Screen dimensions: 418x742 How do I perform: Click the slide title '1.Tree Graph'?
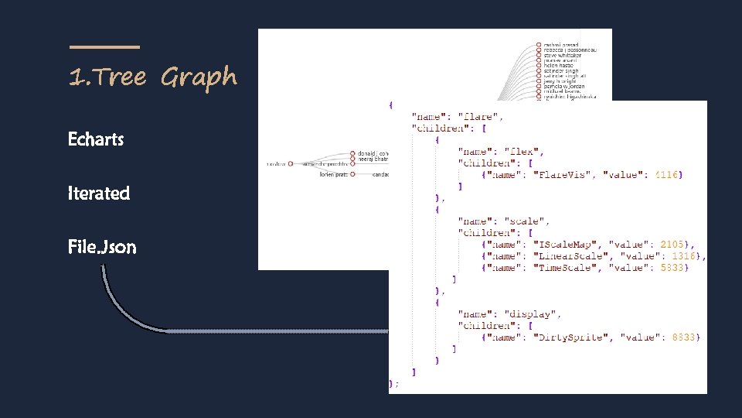click(x=152, y=77)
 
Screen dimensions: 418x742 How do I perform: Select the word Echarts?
click(x=96, y=140)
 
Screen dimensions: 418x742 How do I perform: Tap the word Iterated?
click(x=99, y=194)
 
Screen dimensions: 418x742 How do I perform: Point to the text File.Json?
click(x=102, y=248)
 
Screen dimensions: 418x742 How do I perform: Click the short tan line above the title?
click(x=104, y=47)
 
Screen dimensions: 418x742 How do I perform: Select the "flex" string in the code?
click(x=525, y=152)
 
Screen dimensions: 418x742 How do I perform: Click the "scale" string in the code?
click(x=528, y=221)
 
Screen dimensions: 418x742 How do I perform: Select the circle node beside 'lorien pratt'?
click(x=352, y=175)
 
